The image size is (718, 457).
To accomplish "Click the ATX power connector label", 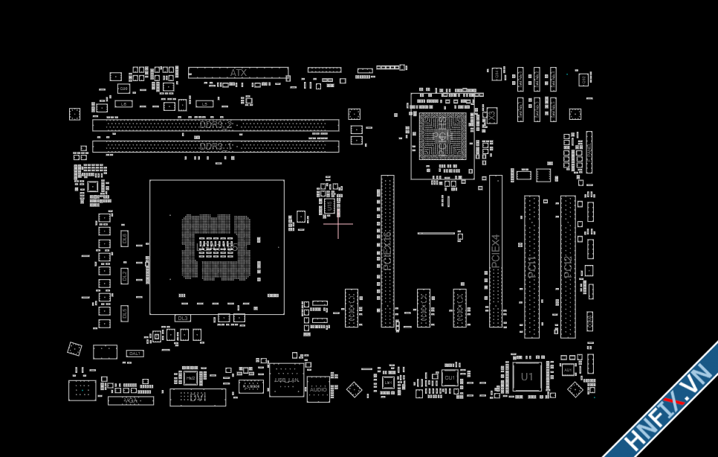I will click(x=238, y=73).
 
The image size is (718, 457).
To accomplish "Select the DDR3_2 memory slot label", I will click(x=216, y=125).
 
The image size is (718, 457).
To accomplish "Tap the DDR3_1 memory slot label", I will click(x=216, y=147).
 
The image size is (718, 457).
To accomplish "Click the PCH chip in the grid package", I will click(x=442, y=135).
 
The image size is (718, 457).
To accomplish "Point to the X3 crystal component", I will click(x=491, y=115).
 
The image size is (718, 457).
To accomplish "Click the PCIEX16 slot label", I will click(x=387, y=253).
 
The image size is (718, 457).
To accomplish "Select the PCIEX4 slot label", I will click(x=496, y=252).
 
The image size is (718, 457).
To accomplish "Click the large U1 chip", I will click(x=527, y=377).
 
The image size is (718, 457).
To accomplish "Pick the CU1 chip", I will click(x=449, y=378).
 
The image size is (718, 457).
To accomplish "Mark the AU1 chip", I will click(x=568, y=370).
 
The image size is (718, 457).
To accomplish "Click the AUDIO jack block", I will click(x=318, y=389).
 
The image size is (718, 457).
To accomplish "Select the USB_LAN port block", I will click(x=286, y=380).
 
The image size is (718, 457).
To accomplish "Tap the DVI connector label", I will click(x=197, y=398).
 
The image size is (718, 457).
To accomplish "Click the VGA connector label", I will click(x=131, y=400).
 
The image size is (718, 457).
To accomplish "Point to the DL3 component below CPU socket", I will click(x=183, y=318).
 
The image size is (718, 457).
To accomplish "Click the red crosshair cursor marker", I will click(x=338, y=223).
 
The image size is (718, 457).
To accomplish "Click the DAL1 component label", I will click(x=135, y=353).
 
